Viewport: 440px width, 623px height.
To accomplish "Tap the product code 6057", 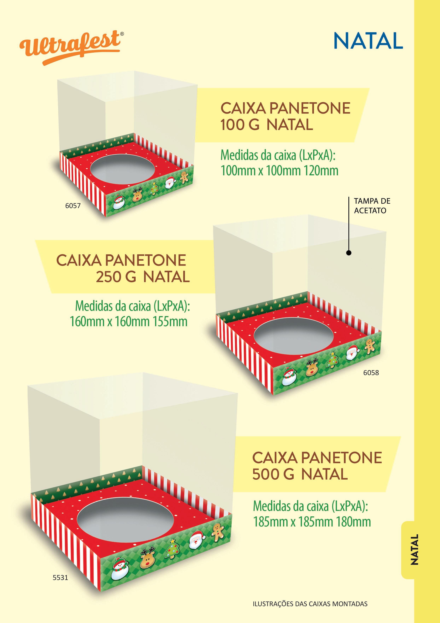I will tap(73, 206).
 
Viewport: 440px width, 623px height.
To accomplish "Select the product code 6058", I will tap(371, 373).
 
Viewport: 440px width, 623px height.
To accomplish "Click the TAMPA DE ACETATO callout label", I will tap(372, 206).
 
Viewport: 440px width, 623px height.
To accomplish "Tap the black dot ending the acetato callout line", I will tap(349, 253).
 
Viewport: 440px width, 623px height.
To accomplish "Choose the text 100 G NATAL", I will tap(267, 125).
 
